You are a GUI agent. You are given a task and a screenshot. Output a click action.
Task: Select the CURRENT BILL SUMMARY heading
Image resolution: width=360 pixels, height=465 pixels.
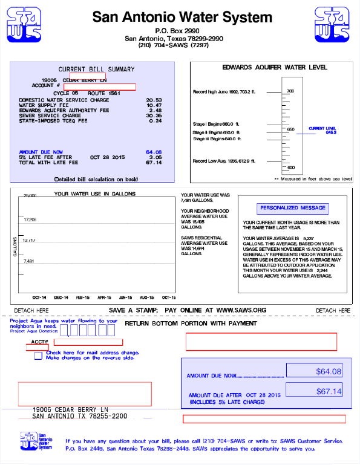(96, 69)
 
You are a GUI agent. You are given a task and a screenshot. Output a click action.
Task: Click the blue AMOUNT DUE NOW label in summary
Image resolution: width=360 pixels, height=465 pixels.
(41, 152)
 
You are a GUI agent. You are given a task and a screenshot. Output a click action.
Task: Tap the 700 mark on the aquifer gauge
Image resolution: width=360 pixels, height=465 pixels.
(290, 91)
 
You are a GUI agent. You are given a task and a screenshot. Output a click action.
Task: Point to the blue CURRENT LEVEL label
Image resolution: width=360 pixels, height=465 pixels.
(322, 129)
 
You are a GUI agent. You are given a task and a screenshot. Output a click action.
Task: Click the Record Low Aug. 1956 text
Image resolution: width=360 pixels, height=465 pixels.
(224, 161)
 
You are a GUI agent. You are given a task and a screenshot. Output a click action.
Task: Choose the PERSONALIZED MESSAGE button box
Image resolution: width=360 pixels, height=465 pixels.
(293, 208)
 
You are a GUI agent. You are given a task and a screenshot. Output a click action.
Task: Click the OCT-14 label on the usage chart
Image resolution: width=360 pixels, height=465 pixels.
(39, 298)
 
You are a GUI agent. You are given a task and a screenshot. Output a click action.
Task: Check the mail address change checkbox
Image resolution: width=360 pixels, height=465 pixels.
(39, 356)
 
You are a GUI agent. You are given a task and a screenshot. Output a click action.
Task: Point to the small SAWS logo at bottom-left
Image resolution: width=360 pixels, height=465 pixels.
(28, 440)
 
